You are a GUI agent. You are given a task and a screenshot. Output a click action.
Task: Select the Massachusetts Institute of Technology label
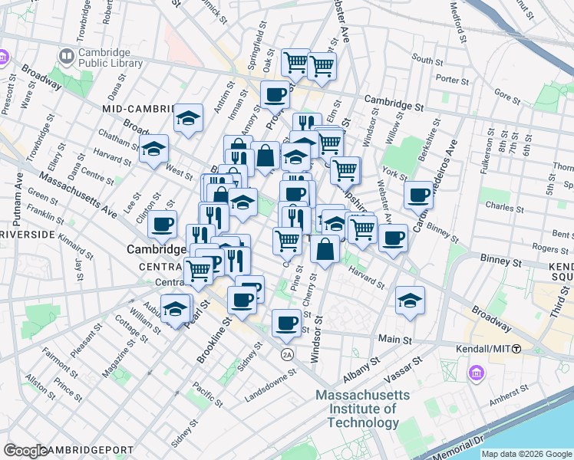coord(363,409)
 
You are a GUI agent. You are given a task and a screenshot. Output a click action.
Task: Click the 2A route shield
coord(287,354)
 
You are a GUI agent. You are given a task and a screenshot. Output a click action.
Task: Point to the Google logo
coord(26,451)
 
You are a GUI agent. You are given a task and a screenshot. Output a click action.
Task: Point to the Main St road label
coord(395,339)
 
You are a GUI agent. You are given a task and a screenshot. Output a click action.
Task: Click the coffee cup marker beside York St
coord(419,195)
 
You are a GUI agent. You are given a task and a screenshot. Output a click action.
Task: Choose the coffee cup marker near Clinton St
coord(162,224)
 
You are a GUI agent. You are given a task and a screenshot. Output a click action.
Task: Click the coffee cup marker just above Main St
coord(287,322)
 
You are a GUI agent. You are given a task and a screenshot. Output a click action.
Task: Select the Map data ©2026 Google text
coord(526,454)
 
